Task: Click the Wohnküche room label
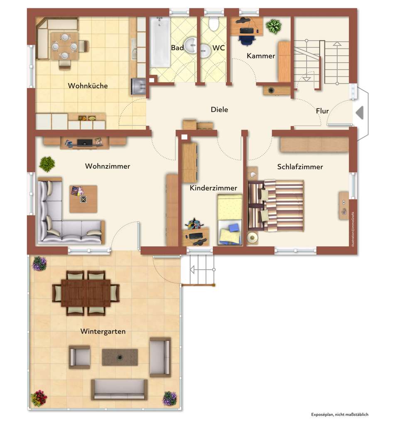click(88, 86)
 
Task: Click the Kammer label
click(261, 56)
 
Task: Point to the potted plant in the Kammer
click(273, 27)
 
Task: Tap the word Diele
click(219, 110)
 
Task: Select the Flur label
click(322, 111)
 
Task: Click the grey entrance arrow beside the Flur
click(360, 112)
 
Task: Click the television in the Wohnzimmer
click(85, 142)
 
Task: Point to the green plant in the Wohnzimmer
click(47, 164)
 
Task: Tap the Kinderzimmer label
click(213, 188)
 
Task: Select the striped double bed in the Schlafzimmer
click(276, 205)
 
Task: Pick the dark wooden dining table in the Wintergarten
click(86, 293)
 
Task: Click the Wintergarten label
click(103, 332)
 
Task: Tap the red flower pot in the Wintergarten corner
click(39, 398)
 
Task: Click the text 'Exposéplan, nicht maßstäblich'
click(340, 414)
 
